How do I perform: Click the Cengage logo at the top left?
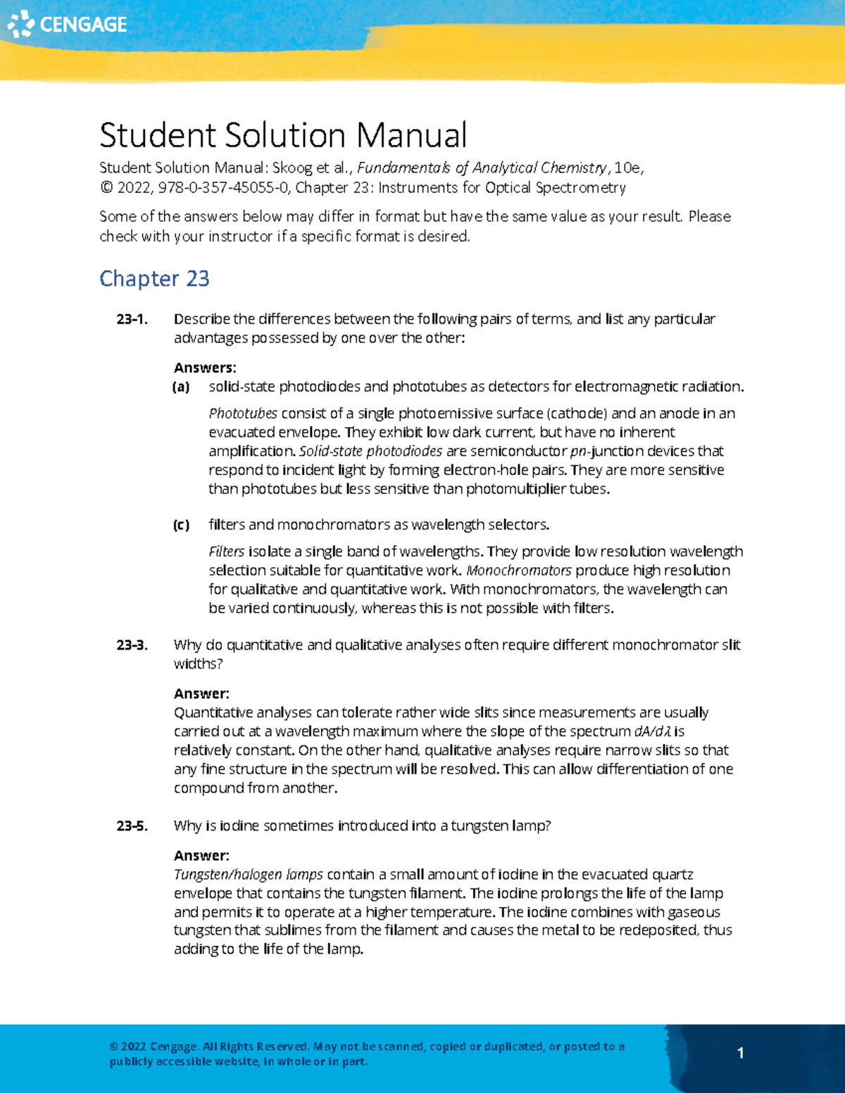(x=67, y=25)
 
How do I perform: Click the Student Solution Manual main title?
(x=283, y=135)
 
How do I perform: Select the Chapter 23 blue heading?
(x=154, y=279)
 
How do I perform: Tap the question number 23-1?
(x=132, y=320)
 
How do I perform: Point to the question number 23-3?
(x=132, y=645)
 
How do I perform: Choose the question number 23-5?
(x=132, y=826)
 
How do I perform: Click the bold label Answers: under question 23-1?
(x=205, y=368)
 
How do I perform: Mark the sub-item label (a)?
(x=181, y=387)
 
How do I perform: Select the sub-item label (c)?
(x=181, y=525)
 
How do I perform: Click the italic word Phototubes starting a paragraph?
(x=243, y=414)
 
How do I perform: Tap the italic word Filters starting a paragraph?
(x=227, y=552)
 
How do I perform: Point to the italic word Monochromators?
(x=519, y=571)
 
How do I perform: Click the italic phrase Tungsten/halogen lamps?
(x=249, y=875)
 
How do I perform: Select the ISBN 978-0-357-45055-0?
(x=224, y=188)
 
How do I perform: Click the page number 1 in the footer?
(x=740, y=1053)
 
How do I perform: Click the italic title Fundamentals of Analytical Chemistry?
(x=482, y=168)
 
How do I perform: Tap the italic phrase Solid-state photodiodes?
(x=371, y=452)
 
